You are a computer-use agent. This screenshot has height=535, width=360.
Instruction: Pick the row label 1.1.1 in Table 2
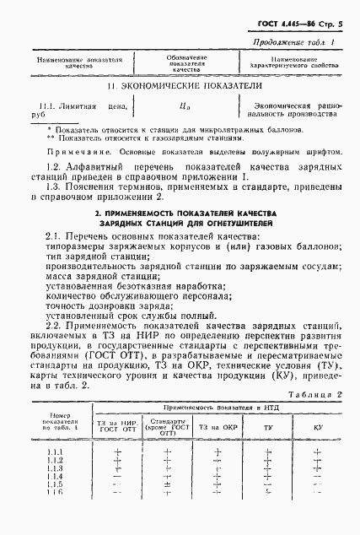click(56, 453)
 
